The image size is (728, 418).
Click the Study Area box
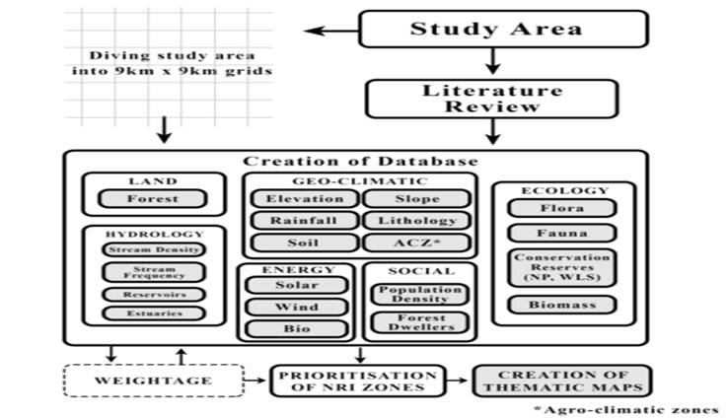click(503, 29)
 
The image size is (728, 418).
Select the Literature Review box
click(491, 99)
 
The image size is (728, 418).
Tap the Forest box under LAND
click(153, 199)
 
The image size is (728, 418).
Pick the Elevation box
click(297, 199)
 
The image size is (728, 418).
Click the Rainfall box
click(297, 221)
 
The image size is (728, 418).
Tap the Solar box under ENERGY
click(296, 286)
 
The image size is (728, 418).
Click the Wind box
click(296, 308)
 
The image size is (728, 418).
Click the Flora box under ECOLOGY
click(560, 209)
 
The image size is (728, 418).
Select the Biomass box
click(560, 306)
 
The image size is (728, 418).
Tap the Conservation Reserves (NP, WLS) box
click(560, 267)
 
